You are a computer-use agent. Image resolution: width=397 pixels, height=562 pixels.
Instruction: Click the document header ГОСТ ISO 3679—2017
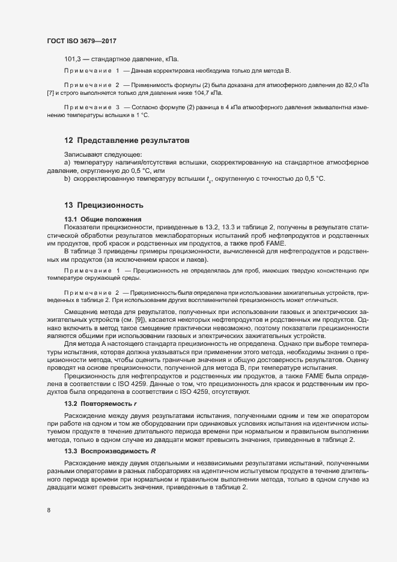81,41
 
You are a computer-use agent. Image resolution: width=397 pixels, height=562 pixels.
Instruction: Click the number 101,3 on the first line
72,59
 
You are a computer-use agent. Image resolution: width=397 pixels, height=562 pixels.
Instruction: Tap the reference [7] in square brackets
50,94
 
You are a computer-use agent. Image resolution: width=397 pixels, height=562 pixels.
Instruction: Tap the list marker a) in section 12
67,163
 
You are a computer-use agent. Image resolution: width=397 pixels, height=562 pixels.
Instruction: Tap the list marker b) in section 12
67,179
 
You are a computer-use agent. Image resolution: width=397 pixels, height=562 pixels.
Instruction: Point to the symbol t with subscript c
209,180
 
